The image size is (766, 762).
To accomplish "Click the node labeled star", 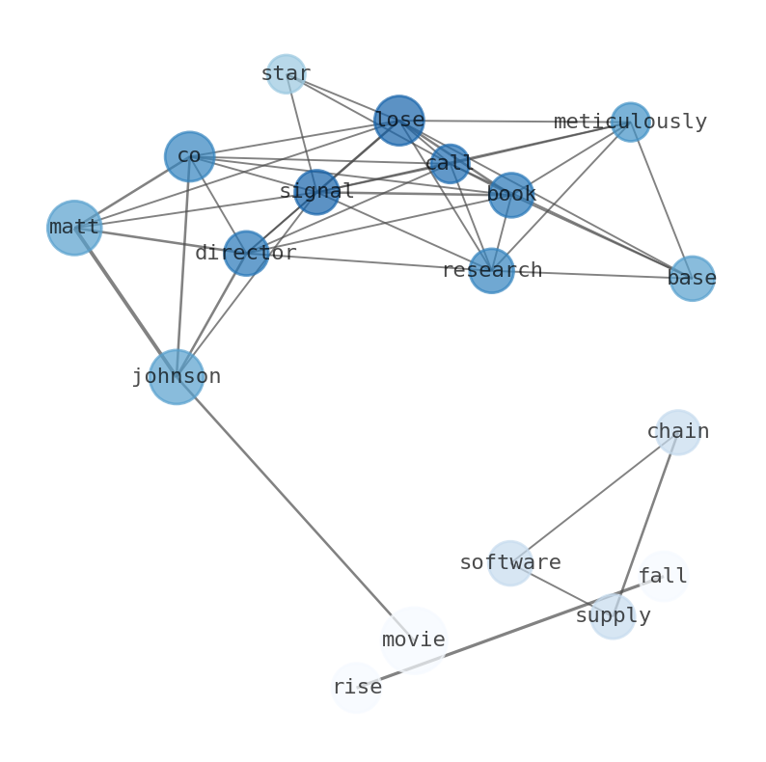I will (286, 74).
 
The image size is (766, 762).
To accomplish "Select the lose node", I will (398, 121).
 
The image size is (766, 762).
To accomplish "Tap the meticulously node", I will (630, 122).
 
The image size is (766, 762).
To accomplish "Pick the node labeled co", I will (189, 156).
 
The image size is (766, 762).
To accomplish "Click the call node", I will (450, 164).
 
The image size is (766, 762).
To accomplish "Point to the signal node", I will (316, 192).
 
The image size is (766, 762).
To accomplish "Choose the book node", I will (510, 195).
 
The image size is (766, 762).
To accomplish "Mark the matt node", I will (74, 228).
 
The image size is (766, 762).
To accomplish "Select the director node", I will (246, 253).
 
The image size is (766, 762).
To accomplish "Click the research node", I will (491, 271).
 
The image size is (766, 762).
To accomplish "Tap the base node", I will (692, 279).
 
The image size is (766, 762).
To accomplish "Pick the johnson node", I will (177, 376).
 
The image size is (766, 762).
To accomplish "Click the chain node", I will (677, 432).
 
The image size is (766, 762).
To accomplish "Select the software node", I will (509, 563).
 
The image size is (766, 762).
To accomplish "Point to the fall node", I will (663, 577).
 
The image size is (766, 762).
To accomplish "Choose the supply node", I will (613, 616).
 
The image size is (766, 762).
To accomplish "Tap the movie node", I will (414, 640).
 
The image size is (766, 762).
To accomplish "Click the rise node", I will (357, 688).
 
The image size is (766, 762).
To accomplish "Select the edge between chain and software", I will (593, 498).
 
